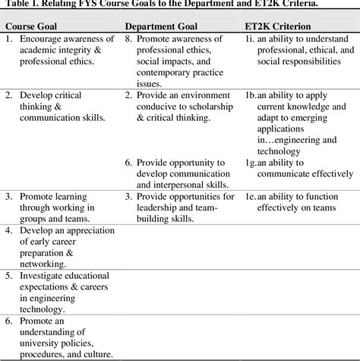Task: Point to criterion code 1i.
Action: (x=249, y=38)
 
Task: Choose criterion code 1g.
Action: (x=251, y=163)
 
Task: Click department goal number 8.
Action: (x=128, y=38)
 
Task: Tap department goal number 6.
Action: (x=128, y=163)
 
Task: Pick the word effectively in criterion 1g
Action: (x=319, y=173)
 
